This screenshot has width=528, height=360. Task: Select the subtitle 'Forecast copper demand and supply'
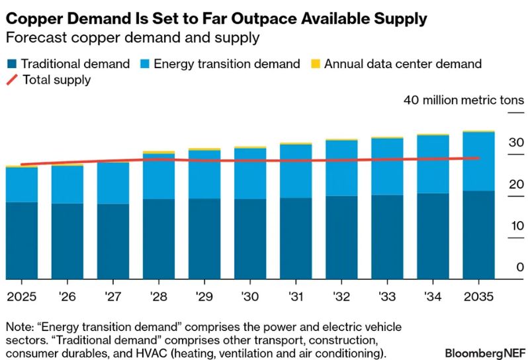(x=132, y=38)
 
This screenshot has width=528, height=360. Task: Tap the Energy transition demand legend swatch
(x=144, y=64)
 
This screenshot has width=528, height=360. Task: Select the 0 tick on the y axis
(x=519, y=267)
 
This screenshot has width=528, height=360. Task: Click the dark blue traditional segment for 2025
(x=21, y=240)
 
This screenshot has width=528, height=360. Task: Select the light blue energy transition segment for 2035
(x=478, y=161)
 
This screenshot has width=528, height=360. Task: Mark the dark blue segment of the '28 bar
(x=159, y=239)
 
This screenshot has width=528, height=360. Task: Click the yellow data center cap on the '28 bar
(x=159, y=152)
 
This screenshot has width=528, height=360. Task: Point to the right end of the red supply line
(x=478, y=157)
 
